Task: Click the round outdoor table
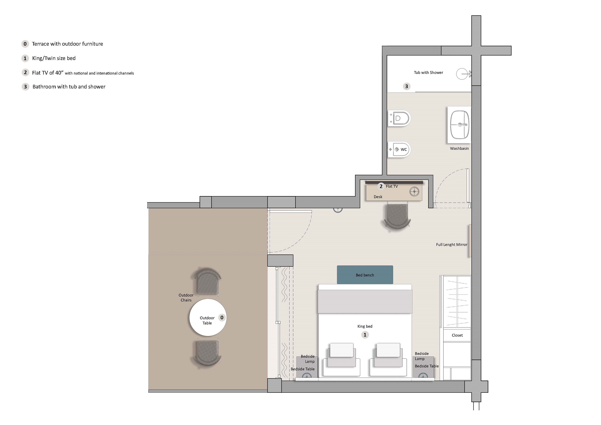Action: tap(207, 318)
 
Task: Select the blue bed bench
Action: tap(365, 275)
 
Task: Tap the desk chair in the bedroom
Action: tap(397, 216)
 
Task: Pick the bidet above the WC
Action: tap(399, 118)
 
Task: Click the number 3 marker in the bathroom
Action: tap(406, 86)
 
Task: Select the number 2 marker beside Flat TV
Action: tap(381, 186)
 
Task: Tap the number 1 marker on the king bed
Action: tap(365, 335)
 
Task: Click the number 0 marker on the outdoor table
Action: tap(222, 318)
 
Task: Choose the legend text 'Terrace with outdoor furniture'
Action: tap(67, 44)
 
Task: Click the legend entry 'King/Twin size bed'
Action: tap(54, 58)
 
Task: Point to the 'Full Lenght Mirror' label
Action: tap(451, 245)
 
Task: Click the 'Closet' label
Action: tap(457, 335)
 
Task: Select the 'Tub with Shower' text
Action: tap(428, 72)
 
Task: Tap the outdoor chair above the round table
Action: tap(208, 282)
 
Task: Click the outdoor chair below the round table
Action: tap(208, 353)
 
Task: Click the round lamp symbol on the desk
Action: tap(414, 191)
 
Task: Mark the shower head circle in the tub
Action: tap(462, 74)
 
